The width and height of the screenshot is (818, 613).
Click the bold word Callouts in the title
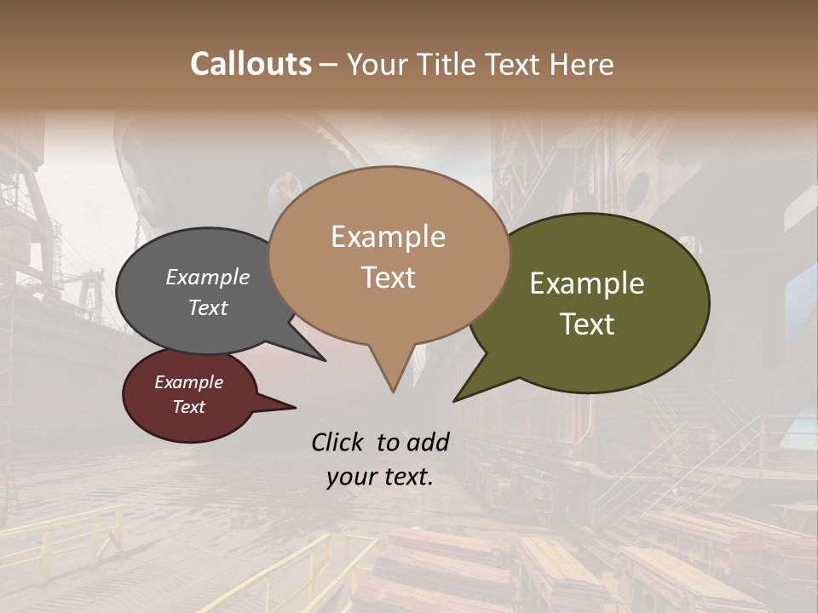pos(251,64)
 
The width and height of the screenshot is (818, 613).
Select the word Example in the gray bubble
pos(207,277)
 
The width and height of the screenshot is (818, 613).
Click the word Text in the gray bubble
pos(207,307)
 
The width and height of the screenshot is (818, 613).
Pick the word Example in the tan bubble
pos(388,237)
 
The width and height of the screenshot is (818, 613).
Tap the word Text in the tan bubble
pos(388,278)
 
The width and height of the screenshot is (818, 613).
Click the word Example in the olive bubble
pos(587,284)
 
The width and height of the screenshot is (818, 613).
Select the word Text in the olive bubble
pos(587,324)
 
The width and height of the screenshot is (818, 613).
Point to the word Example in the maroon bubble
pos(188,382)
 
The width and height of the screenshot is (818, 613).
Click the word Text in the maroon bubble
pos(188,407)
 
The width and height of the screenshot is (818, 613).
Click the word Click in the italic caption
pos(338,442)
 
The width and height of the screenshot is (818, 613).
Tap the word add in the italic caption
pos(427,442)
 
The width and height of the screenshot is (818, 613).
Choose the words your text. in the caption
pos(379,477)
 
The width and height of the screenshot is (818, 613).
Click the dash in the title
pos(329,65)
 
